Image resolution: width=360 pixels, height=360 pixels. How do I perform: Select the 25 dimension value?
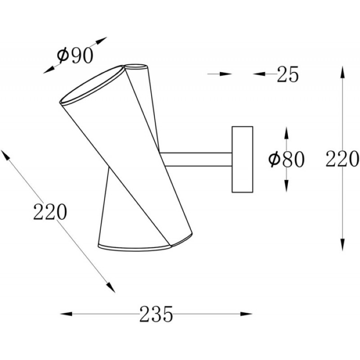(x=288, y=74)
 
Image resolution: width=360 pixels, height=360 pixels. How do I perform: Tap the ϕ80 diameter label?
(x=286, y=159)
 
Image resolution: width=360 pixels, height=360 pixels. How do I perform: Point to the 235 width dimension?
(x=156, y=314)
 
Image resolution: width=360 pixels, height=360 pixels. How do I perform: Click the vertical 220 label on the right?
(x=342, y=158)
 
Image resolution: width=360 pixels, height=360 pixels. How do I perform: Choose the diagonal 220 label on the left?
(x=50, y=211)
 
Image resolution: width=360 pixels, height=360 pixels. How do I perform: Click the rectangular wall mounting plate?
(x=243, y=159)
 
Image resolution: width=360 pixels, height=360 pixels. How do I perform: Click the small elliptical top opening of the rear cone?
(x=136, y=66)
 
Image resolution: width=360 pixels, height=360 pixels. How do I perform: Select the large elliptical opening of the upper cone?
(x=92, y=85)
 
